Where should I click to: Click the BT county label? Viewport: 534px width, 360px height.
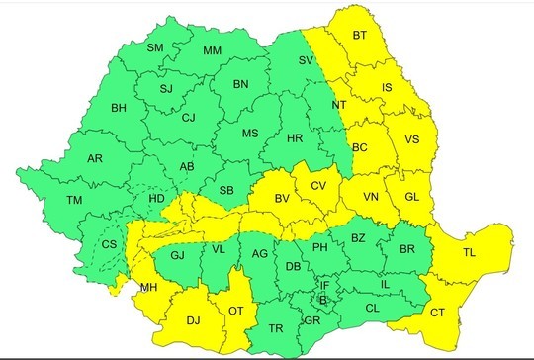click(360, 37)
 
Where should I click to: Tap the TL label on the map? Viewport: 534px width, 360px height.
click(469, 253)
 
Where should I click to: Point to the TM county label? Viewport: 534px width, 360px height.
click(74, 201)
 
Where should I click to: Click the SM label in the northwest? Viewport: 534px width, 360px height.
click(155, 47)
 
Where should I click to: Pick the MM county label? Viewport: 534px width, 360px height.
click(212, 51)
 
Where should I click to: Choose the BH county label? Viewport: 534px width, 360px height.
click(119, 108)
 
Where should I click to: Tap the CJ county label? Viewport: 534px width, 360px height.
click(188, 119)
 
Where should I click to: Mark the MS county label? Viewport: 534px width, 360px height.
click(250, 132)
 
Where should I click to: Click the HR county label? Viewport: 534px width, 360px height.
click(294, 139)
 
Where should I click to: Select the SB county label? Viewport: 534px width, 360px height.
click(226, 190)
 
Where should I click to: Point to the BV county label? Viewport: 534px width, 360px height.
click(282, 200)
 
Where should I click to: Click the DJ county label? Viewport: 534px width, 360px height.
click(193, 318)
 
